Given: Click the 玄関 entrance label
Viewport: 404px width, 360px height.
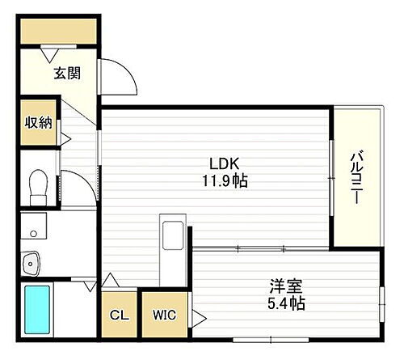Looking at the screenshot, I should point(66,74).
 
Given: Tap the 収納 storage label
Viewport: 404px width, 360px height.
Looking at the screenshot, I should point(38,123).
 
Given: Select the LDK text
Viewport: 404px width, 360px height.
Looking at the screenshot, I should point(224,161).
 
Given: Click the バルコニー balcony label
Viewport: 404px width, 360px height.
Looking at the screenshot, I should point(356,178).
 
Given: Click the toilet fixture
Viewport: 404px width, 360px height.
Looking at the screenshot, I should point(36,188).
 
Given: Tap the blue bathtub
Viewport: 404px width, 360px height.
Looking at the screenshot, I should point(37,311).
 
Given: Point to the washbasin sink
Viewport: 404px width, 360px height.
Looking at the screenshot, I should point(32,261).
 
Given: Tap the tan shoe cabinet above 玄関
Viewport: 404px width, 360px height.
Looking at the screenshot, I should point(58,31).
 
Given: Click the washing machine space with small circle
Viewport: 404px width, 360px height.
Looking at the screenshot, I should point(33,227).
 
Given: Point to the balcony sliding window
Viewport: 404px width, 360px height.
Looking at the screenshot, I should point(330,178).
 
